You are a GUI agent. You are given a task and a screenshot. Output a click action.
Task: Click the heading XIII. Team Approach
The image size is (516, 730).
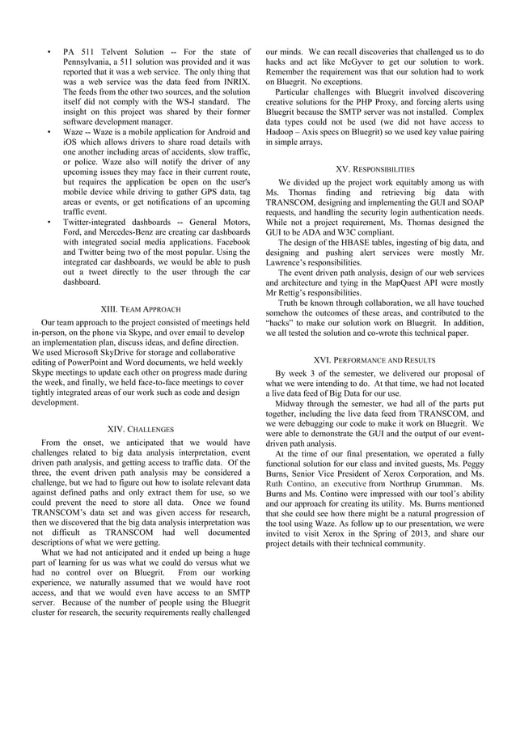140,309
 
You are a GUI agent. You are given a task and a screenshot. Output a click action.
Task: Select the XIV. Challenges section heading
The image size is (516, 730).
140,428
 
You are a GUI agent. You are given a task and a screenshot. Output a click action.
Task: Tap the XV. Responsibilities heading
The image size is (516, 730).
374,169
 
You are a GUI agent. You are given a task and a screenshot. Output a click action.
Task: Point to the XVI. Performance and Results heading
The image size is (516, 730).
374,359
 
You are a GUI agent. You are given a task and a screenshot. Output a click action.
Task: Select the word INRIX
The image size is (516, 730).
232,82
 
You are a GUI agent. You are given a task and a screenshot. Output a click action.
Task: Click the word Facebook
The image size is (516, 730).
230,241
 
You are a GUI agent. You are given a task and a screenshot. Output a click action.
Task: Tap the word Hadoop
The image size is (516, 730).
283,131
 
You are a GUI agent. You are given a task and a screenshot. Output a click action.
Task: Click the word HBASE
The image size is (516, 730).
353,242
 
